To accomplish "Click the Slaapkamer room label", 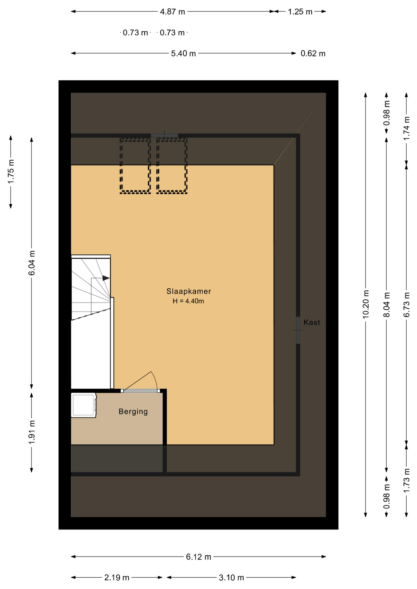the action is coord(189,291).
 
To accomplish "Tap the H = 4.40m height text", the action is coord(188,301).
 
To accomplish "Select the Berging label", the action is coord(133,412).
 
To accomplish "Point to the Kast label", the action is coord(312,322).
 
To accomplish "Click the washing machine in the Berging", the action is coord(84,405).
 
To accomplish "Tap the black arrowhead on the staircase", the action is coord(106,278).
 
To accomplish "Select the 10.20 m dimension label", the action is coord(366,304).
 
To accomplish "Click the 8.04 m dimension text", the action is coord(387,305).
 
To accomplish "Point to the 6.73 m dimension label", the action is coord(407,305).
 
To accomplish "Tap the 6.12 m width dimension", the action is coord(199,557).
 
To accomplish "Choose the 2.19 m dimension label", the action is coord(117,578).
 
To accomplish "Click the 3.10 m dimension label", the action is coord(232,578).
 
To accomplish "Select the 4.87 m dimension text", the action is coord(173,12).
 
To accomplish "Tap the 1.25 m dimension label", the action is coord(300,12).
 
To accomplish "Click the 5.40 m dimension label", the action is coord(183,53).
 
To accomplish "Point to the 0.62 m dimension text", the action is coord(313,53).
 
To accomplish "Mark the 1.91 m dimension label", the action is coord(32,432).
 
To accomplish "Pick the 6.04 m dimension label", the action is coord(32,263).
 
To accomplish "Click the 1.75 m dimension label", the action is coord(11,172).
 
